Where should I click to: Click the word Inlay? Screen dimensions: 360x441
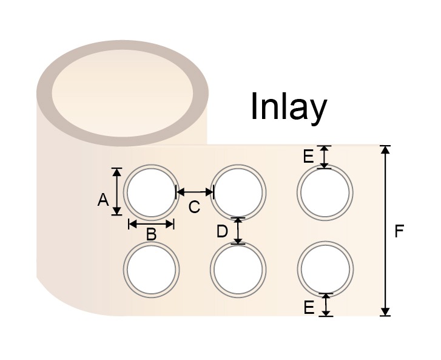288,107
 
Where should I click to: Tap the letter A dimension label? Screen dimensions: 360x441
103,199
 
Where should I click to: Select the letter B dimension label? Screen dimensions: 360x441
151,234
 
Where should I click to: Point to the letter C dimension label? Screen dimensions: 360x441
194,207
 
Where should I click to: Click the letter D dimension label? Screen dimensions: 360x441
223,231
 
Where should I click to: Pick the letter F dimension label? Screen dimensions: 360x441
399,231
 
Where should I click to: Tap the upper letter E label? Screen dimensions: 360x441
309,157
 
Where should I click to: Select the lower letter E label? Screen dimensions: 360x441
309,308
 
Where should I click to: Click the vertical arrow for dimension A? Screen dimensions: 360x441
117,191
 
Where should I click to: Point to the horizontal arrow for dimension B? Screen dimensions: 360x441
151,224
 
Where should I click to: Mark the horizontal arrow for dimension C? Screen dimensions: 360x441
194,192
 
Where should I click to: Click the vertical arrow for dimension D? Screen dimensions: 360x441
238,231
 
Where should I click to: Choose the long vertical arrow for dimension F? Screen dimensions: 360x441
385,231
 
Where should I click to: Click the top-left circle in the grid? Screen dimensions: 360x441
151,192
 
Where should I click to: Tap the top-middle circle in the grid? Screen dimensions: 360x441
238,192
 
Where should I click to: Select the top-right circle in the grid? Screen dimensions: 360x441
326,192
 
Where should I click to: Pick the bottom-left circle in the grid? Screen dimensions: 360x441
151,269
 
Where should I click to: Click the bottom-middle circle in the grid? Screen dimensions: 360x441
238,269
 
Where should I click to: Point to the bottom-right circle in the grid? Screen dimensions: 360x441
326,269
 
